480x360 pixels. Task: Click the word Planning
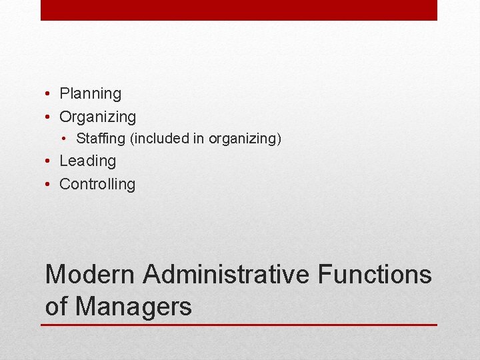90,94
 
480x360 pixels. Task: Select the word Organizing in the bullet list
97,117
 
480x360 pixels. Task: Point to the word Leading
87,161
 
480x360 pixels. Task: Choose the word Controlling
97,184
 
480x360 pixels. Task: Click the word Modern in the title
89,274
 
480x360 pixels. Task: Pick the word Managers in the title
133,306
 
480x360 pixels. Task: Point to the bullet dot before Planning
49,94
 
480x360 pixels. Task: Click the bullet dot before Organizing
49,117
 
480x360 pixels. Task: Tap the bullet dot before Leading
49,161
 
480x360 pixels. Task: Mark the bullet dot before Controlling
49,184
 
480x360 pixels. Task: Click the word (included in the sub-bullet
161,139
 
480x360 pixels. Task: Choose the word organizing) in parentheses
245,139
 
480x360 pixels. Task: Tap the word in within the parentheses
199,139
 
